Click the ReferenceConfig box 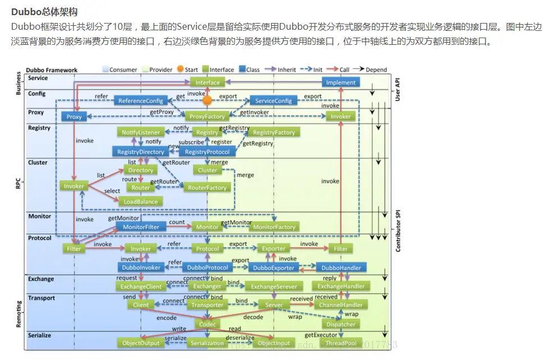point(140,101)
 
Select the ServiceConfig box point(273,101)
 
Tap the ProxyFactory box point(207,117)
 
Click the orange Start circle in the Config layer point(207,101)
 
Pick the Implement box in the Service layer point(341,82)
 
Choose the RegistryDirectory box point(140,152)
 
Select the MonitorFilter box point(140,227)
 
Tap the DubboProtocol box point(207,268)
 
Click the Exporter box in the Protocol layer point(274,248)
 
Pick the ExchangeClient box point(140,287)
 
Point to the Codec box point(207,324)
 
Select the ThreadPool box point(341,343)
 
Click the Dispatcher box point(341,324)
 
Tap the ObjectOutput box point(140,343)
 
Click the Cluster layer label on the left point(38,163)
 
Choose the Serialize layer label point(39,335)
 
